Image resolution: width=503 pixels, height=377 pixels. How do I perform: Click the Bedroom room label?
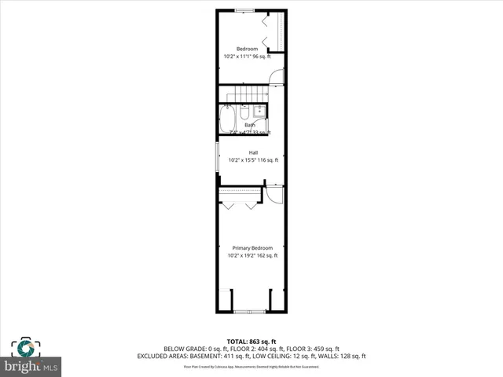247,49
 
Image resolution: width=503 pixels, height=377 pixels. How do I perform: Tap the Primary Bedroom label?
251,248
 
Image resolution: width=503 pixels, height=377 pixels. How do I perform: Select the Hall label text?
253,152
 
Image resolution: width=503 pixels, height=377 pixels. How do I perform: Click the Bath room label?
249,125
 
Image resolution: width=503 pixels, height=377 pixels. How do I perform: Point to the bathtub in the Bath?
226,120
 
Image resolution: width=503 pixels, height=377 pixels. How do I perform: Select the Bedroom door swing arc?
275,75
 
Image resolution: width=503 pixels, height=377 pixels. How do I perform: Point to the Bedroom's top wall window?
244,10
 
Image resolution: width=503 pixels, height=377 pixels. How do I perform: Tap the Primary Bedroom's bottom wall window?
251,312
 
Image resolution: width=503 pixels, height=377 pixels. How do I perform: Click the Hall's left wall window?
218,156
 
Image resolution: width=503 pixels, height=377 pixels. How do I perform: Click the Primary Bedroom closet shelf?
240,190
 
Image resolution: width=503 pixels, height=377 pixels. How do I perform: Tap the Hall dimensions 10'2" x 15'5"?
241,160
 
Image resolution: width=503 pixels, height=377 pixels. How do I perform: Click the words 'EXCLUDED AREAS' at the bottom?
185,356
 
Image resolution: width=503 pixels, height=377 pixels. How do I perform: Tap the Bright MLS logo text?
31,366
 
